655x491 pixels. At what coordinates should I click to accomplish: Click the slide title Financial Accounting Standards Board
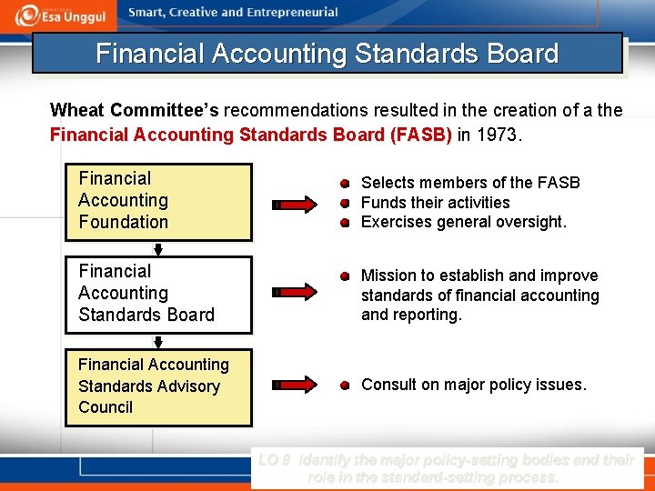click(327, 54)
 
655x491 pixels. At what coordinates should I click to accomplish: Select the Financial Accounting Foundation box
click(158, 201)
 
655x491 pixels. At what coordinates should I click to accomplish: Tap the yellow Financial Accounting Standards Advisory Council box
click(158, 386)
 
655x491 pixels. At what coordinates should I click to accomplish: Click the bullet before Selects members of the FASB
click(346, 183)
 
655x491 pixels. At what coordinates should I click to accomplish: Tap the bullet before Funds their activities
click(346, 203)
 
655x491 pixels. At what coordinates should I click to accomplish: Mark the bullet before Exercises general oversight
click(346, 223)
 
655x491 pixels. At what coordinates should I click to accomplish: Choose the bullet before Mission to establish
click(346, 276)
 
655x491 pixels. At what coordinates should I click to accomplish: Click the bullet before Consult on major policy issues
click(346, 386)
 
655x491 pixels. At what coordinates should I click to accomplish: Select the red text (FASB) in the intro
click(420, 135)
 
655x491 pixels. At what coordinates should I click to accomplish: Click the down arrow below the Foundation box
click(158, 248)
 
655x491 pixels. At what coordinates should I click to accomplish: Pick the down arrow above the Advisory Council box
click(158, 343)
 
